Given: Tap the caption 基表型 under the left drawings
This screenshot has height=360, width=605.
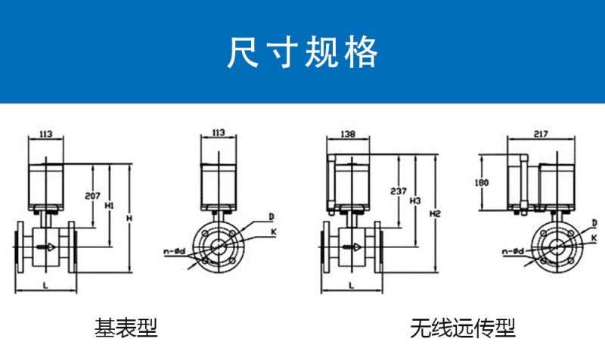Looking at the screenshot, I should pyautogui.click(x=126, y=327).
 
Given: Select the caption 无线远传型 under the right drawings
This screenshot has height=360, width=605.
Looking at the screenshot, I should pyautogui.click(x=463, y=328).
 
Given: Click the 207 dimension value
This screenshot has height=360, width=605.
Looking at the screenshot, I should pyautogui.click(x=93, y=196).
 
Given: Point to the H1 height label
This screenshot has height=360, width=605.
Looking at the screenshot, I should pyautogui.click(x=110, y=204).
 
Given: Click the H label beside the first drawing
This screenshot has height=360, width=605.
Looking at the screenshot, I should pyautogui.click(x=129, y=219).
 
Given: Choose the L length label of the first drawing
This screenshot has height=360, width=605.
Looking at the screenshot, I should pyautogui.click(x=46, y=285).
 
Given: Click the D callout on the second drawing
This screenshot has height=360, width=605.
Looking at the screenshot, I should pyautogui.click(x=270, y=216).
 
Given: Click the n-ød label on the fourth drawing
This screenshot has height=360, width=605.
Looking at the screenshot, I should pyautogui.click(x=513, y=251).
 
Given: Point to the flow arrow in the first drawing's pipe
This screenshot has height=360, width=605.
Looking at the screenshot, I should pyautogui.click(x=48, y=247).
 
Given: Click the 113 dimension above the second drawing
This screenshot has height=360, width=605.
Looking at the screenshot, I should pyautogui.click(x=218, y=133).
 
